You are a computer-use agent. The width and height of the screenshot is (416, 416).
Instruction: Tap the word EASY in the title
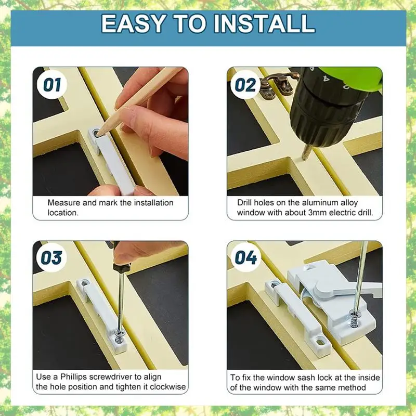134,23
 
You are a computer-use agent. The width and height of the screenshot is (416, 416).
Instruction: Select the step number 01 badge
52,85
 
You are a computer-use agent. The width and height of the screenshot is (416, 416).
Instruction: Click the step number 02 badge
245,85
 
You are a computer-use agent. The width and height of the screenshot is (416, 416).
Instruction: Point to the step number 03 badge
51,257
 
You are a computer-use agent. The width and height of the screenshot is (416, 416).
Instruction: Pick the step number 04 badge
245,257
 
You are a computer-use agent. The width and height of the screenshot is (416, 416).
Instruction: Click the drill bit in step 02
307,152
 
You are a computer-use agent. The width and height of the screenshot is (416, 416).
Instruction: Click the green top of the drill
353,77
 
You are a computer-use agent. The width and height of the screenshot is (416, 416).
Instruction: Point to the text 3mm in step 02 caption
317,213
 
